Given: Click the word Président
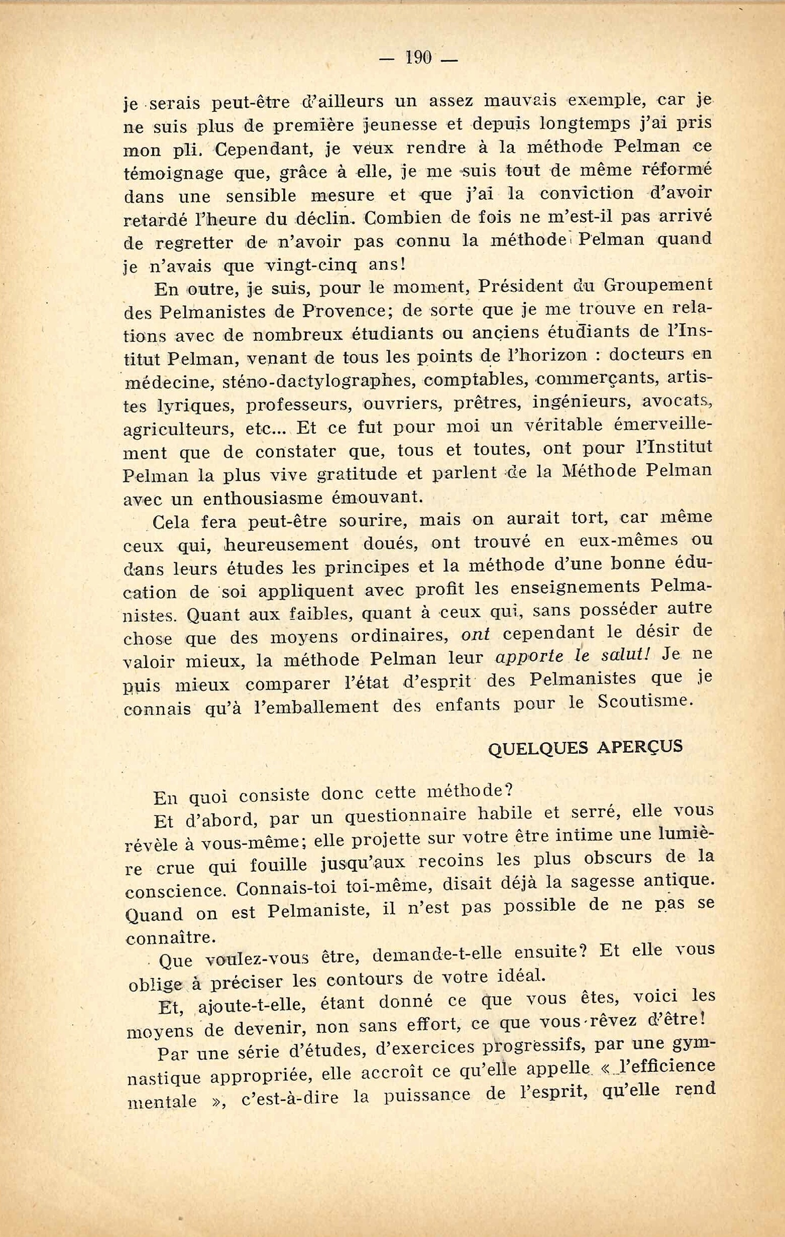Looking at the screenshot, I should point(522,287).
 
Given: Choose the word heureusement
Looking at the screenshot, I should point(280,544).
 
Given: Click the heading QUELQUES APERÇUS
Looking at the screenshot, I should point(585,746).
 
